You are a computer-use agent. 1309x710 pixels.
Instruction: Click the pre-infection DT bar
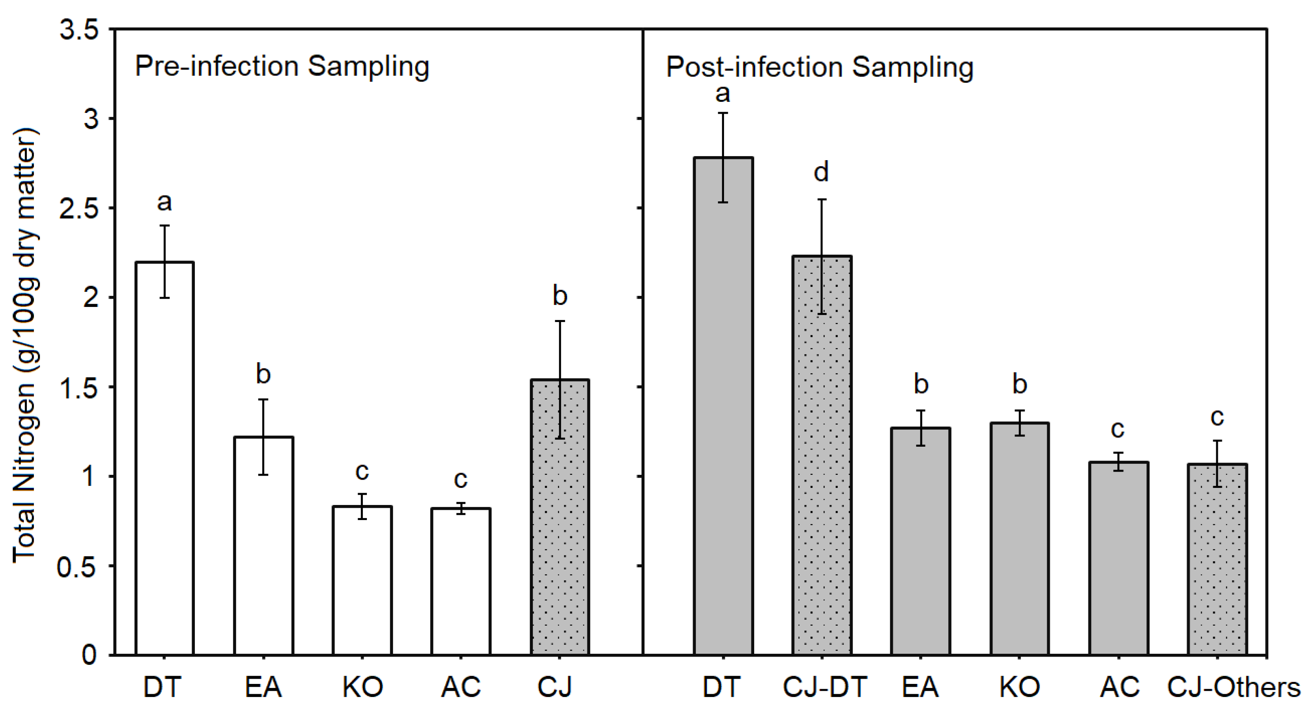click(x=165, y=457)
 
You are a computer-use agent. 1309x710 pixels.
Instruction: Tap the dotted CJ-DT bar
click(x=822, y=457)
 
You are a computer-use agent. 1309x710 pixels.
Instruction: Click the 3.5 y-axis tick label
click(x=78, y=31)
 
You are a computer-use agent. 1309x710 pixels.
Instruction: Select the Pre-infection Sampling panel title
click(x=282, y=66)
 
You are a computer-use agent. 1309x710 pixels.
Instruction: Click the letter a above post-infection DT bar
click(x=723, y=93)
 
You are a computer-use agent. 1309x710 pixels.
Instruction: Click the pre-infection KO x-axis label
click(x=362, y=687)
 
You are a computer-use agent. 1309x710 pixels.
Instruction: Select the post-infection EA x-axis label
click(x=920, y=687)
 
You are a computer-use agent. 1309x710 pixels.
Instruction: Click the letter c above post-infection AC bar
click(x=1117, y=430)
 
